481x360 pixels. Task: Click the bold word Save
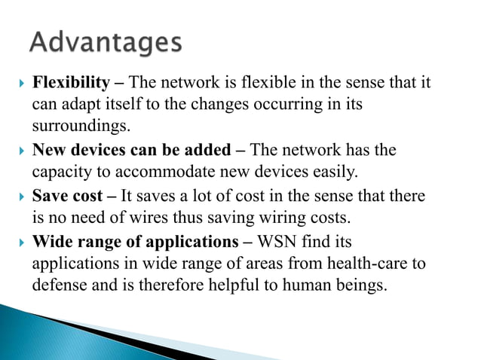tap(50, 197)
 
